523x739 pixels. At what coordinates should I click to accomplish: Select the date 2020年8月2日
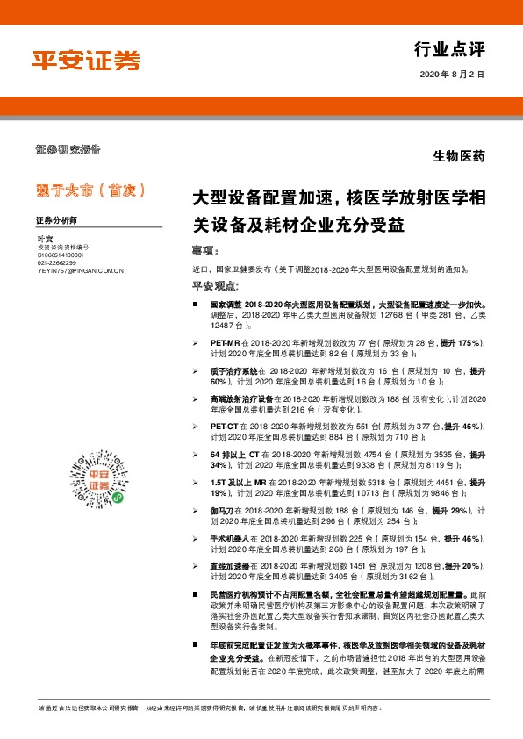453,75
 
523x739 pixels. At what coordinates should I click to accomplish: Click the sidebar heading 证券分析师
57,220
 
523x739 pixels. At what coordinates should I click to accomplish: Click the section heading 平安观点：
214,286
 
